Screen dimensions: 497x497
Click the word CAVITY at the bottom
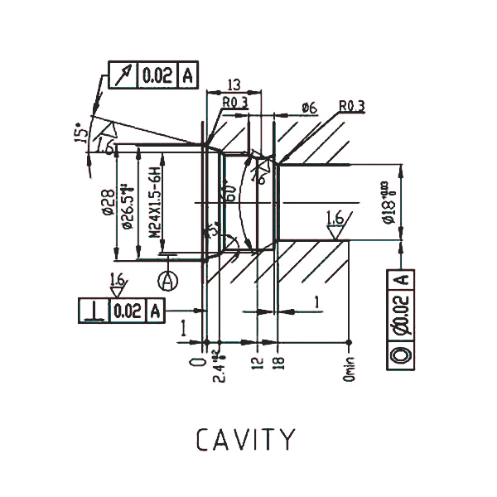tap(245, 440)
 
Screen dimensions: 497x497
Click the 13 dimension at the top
tap(233, 84)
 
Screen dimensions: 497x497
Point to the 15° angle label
tap(80, 134)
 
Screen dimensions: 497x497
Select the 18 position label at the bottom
tap(279, 362)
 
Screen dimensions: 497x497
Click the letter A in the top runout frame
tap(187, 75)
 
